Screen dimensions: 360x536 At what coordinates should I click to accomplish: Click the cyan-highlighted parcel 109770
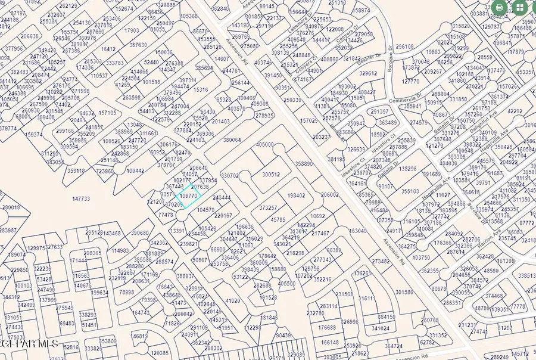(189, 195)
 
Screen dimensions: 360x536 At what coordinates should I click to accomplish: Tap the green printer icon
(499, 8)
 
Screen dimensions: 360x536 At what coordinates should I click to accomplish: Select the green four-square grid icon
(520, 8)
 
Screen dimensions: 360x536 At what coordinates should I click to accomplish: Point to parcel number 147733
(80, 198)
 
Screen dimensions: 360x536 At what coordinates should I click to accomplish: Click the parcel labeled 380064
(232, 140)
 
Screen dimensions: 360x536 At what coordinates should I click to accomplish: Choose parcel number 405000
(265, 144)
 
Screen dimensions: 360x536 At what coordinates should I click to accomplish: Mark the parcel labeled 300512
(271, 175)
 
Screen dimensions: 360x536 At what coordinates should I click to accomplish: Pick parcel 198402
(296, 195)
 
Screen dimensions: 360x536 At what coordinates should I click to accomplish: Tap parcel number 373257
(268, 207)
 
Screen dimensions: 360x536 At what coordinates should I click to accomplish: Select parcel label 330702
(230, 176)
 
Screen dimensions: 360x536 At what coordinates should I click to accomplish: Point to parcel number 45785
(278, 219)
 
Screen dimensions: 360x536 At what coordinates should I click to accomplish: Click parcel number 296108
(404, 46)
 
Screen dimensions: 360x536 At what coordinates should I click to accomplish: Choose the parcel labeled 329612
(367, 73)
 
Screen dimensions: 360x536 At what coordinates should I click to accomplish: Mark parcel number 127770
(410, 82)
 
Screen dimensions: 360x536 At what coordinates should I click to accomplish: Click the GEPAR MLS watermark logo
(30, 343)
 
